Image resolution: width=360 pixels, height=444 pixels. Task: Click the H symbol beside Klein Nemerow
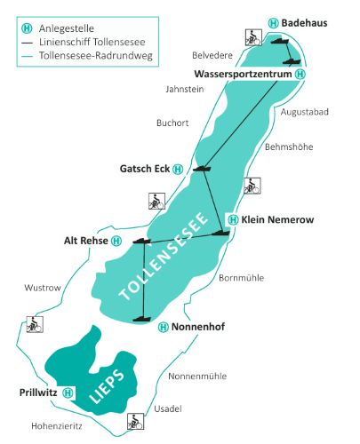coord(234,218)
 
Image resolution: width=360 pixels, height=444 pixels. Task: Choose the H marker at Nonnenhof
coord(163,327)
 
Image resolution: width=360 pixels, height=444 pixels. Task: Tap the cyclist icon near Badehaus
coord(252,38)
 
